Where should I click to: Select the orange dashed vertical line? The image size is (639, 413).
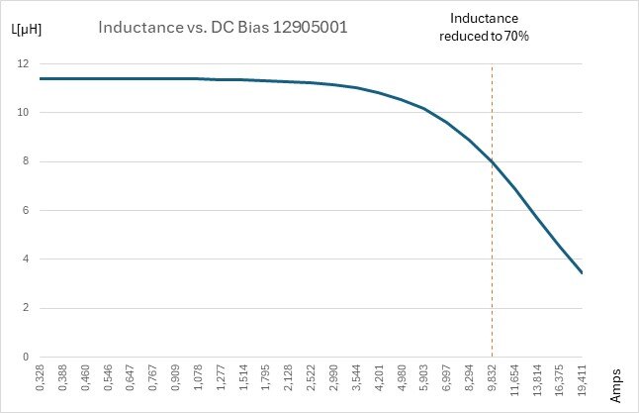pos(492,248)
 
